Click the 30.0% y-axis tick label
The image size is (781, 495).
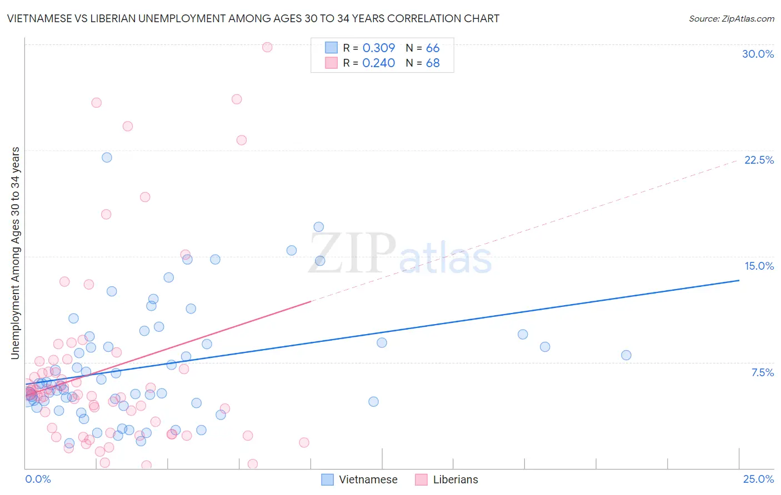pos(758,54)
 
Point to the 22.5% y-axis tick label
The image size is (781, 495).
pos(759,160)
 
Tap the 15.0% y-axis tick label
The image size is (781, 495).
pos(759,266)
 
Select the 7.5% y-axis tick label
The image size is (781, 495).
pos(762,372)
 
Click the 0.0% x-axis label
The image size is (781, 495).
pos(38,479)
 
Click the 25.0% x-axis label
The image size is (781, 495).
pos(758,479)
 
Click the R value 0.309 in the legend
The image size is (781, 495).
pos(378,48)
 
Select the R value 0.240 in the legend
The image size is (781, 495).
pos(378,63)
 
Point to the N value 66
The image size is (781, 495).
pos(432,48)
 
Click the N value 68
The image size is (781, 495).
pos(432,63)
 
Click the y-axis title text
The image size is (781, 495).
pos(15,253)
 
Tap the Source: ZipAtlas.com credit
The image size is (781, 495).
pos(731,19)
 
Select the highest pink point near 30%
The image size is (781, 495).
pos(267,47)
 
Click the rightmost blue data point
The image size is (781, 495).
pos(626,355)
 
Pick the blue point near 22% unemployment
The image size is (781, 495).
pos(107,158)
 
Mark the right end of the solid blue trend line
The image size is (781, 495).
pos(739,280)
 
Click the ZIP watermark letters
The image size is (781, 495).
pos(352,253)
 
